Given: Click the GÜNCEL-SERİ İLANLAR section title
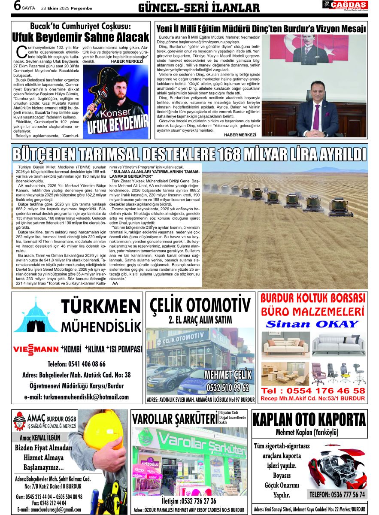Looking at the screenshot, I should coord(199,8).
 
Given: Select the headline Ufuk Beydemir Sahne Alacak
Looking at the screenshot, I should coord(80,37).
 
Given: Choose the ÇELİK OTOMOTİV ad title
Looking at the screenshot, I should coord(200,306).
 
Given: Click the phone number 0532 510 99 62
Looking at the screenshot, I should coord(227,387).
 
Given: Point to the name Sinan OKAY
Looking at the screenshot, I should coord(312,324).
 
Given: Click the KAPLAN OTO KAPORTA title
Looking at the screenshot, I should coord(309,419).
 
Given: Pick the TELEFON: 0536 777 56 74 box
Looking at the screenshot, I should coord(337,494).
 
